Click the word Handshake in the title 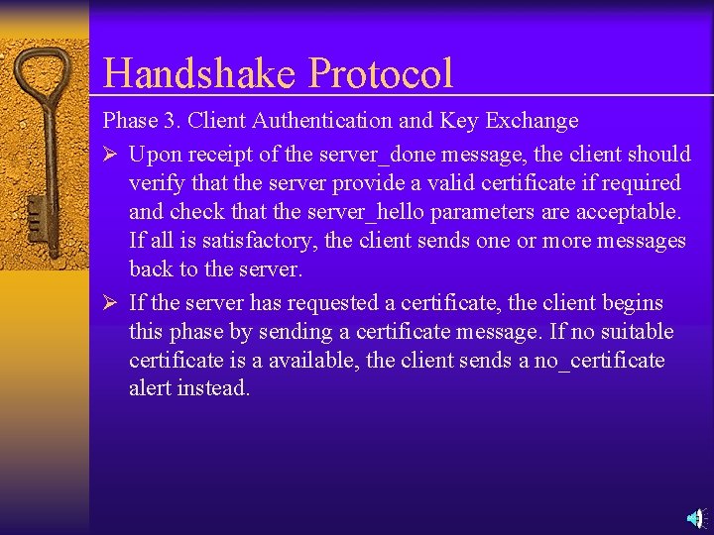[x=199, y=74]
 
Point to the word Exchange [x=530, y=121]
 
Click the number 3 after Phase [x=169, y=121]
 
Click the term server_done [x=385, y=155]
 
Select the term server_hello [x=372, y=212]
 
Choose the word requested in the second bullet [x=327, y=303]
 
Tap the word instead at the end [x=213, y=388]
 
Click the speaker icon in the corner [x=696, y=517]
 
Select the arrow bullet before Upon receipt [x=111, y=155]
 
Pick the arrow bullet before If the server [x=111, y=303]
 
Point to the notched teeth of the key [x=37, y=213]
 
